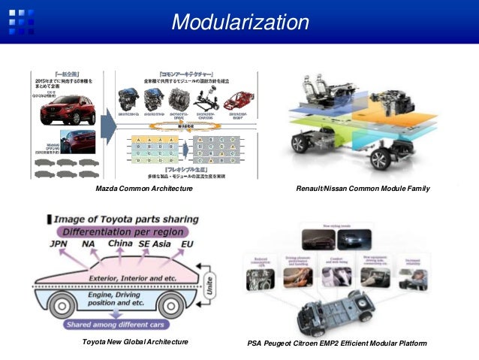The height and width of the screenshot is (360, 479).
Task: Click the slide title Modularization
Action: pyautogui.click(x=239, y=22)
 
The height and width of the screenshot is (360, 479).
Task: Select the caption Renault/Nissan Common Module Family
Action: pyautogui.click(x=363, y=189)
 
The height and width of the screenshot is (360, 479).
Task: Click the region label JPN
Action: pyautogui.click(x=58, y=244)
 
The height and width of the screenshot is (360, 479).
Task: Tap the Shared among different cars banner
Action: pyautogui.click(x=110, y=325)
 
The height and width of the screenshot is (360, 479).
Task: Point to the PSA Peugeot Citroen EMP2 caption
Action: pyautogui.click(x=336, y=343)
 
